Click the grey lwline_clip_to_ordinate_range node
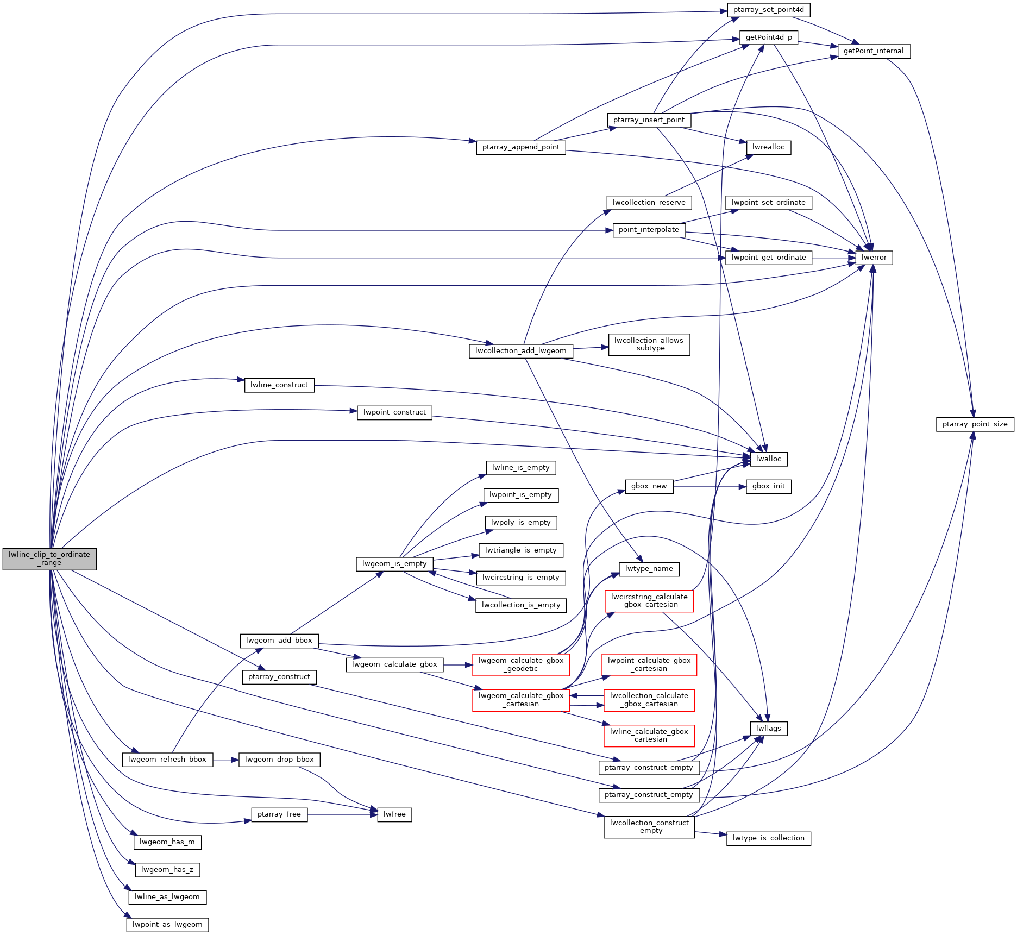[x=49, y=559]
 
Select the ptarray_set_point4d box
[x=768, y=10]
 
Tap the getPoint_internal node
[x=874, y=51]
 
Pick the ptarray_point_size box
[x=975, y=424]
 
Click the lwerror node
[x=874, y=258]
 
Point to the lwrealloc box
[x=768, y=147]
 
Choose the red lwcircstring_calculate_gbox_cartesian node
[x=649, y=601]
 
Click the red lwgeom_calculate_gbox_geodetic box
[x=521, y=664]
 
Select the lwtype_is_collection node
[x=768, y=838]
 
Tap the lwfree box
[x=394, y=814]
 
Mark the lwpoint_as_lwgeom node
[x=167, y=925]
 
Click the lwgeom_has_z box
[x=167, y=870]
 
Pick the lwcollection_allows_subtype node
[x=649, y=344]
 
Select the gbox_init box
[x=768, y=486]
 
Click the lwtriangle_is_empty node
[x=520, y=550]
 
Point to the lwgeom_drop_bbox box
[x=279, y=760]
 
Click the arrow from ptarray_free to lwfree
[x=342, y=815]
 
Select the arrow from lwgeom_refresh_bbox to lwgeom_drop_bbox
[x=225, y=760]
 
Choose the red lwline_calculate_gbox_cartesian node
[x=649, y=736]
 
